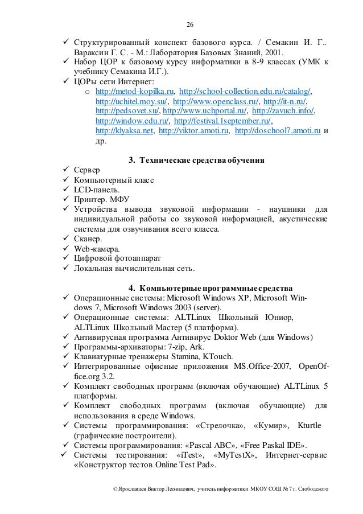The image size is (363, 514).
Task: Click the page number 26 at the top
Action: coord(191,24)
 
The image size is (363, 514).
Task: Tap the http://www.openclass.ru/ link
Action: coord(209,101)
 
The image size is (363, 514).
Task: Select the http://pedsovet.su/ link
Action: coord(127,110)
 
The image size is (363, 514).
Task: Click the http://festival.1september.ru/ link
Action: coord(222,121)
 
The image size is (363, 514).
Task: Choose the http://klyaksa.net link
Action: coord(125,131)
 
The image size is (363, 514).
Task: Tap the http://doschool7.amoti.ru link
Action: coord(278,131)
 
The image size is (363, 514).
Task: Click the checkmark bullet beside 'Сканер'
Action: coord(66,239)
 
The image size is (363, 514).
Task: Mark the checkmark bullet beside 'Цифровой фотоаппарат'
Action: coord(66,258)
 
